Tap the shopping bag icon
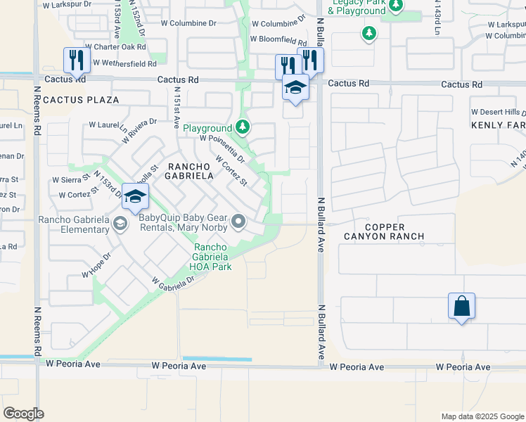[461, 307]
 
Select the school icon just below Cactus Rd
[295, 88]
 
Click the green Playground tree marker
[243, 127]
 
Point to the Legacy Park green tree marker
[396, 6]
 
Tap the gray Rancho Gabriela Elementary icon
[120, 224]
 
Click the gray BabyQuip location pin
[239, 223]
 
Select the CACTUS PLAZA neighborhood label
[81, 101]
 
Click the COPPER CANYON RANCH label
[384, 231]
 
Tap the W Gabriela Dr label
[172, 281]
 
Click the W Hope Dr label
[96, 265]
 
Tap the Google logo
[24, 413]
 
